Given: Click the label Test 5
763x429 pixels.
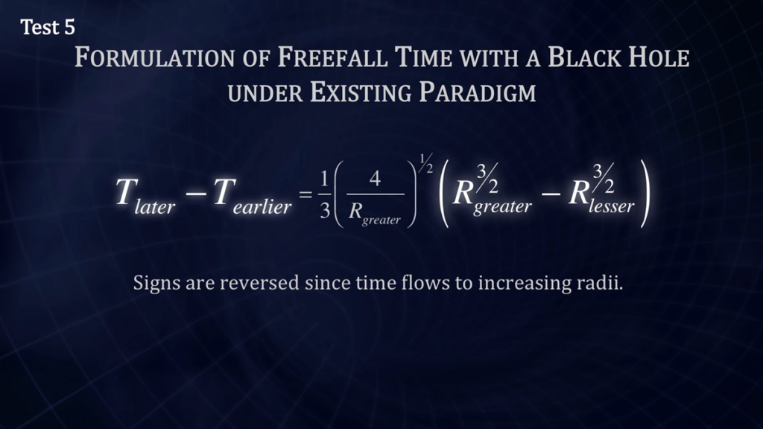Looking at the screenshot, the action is pyautogui.click(x=48, y=28).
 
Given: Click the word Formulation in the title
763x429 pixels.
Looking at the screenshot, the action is pyautogui.click(x=154, y=57).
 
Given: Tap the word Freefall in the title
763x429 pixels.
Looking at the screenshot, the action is pyautogui.click(x=332, y=57).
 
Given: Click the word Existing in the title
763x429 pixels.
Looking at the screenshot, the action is pyautogui.click(x=360, y=92).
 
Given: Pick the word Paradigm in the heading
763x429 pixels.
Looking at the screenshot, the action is pyautogui.click(x=478, y=92).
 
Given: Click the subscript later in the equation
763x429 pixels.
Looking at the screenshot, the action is pyautogui.click(x=155, y=207).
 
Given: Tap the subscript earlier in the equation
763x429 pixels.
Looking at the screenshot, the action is pyautogui.click(x=262, y=207).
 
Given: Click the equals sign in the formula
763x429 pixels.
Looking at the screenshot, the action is pyautogui.click(x=305, y=195).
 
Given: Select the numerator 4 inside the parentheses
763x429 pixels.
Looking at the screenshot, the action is pyautogui.click(x=375, y=179).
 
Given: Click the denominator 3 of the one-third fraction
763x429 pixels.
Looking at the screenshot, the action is pyautogui.click(x=325, y=211).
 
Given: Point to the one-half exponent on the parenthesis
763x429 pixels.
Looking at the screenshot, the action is pyautogui.click(x=425, y=163).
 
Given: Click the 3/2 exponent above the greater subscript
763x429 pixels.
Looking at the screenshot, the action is pyautogui.click(x=487, y=179).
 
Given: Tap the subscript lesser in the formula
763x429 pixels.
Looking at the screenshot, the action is pyautogui.click(x=611, y=206).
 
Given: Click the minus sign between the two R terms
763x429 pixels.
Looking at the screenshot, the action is pyautogui.click(x=551, y=194).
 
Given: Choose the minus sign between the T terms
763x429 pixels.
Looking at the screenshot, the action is pyautogui.click(x=196, y=194).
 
